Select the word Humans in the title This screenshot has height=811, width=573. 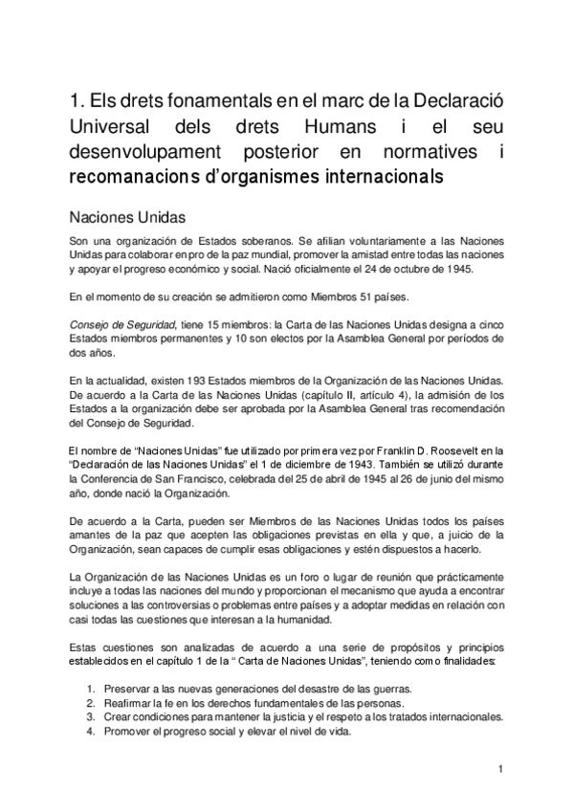click(343, 126)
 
